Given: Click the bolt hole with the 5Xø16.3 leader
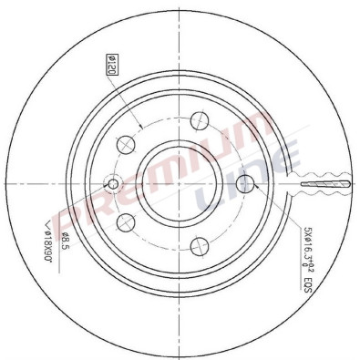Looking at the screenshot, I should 242,186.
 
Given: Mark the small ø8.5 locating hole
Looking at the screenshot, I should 113,185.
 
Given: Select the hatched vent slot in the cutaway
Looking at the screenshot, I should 324,186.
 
